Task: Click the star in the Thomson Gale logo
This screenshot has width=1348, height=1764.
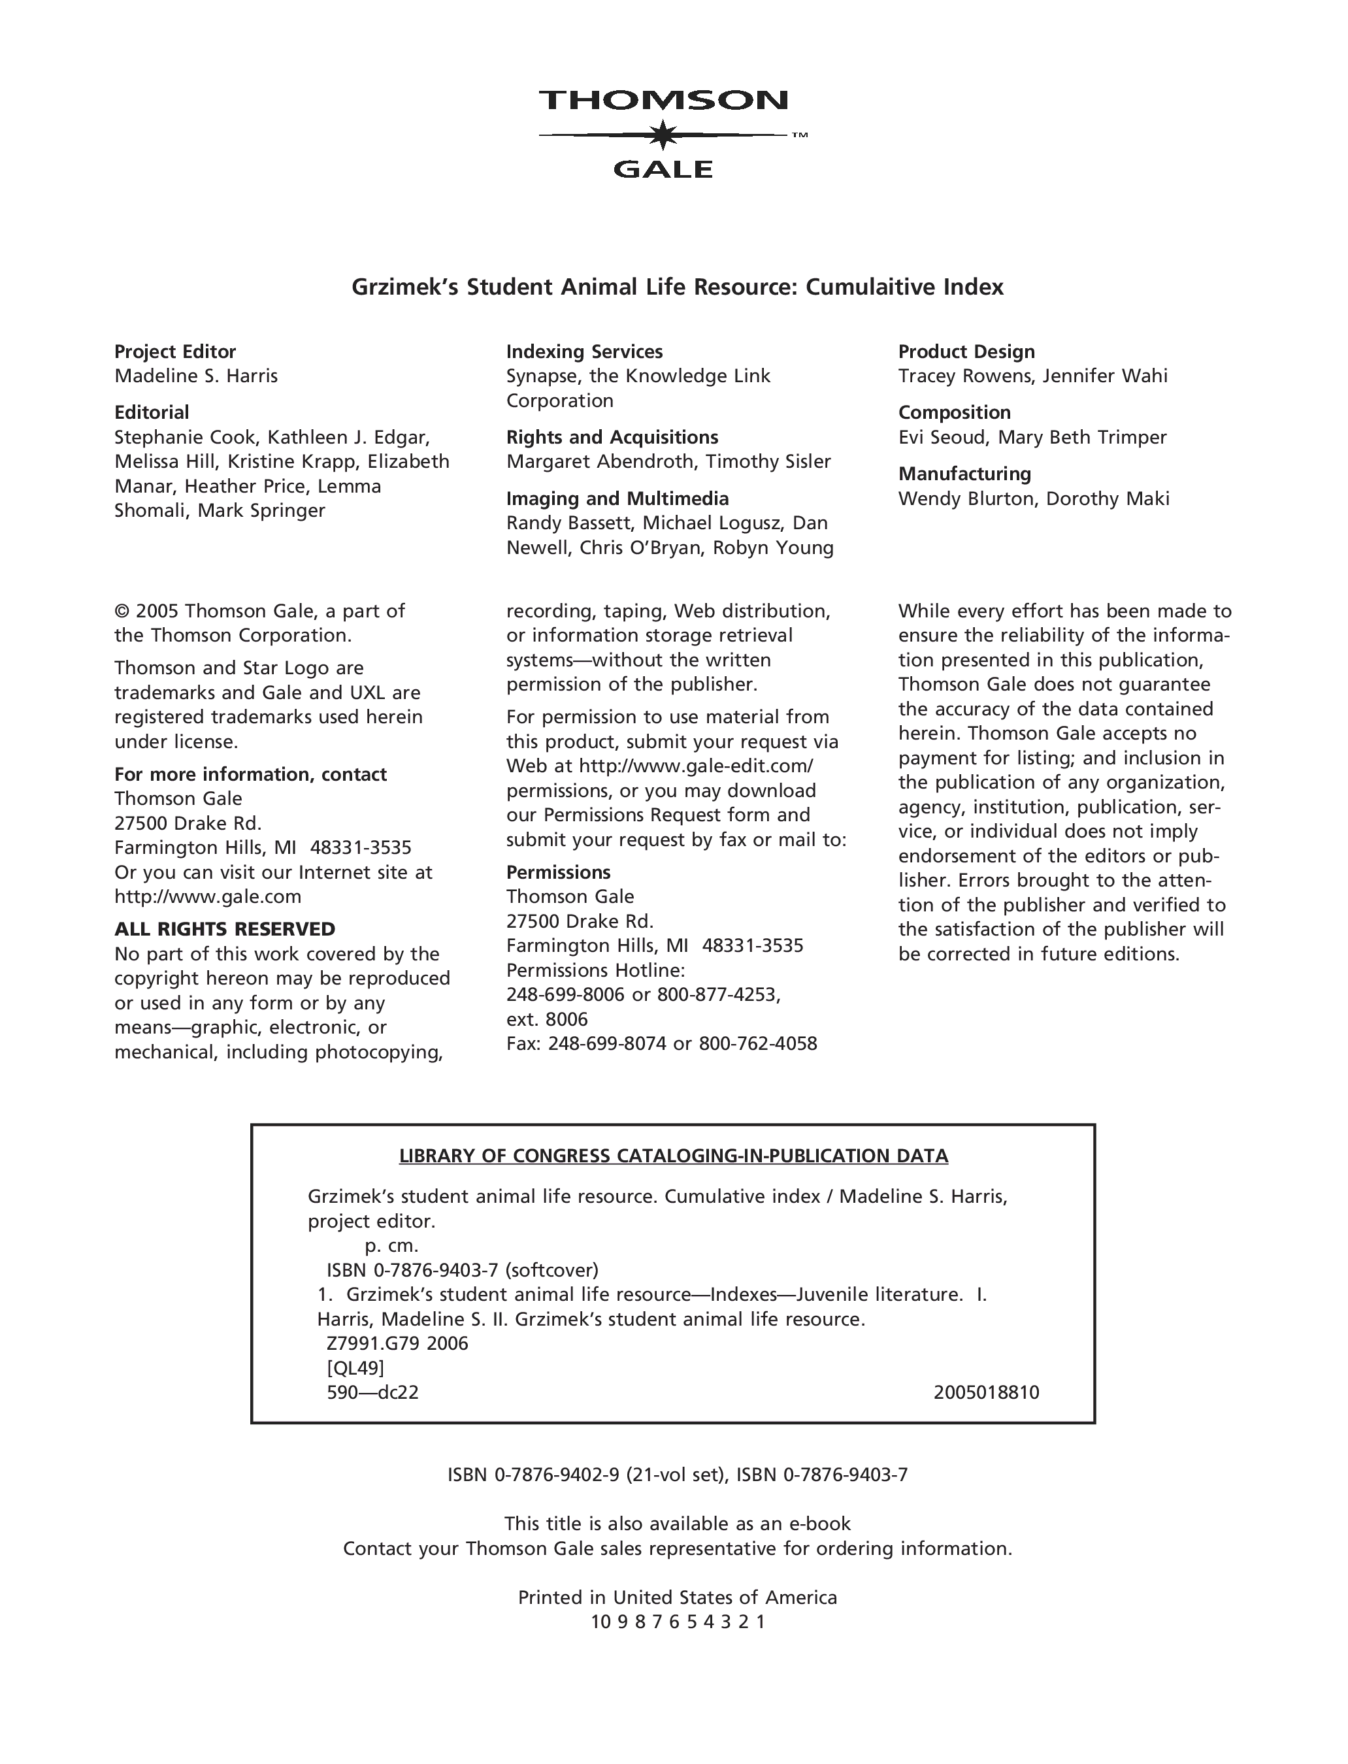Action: click(x=663, y=135)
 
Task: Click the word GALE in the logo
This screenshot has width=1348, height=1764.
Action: click(x=663, y=169)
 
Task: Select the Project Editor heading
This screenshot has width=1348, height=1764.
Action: click(x=175, y=351)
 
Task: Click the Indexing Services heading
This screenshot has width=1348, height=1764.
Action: click(x=584, y=351)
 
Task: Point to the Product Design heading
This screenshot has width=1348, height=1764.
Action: click(x=966, y=351)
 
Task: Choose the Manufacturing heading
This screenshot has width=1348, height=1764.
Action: click(x=964, y=473)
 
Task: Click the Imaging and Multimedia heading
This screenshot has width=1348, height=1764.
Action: click(x=617, y=498)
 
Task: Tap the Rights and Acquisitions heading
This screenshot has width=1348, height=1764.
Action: click(x=612, y=437)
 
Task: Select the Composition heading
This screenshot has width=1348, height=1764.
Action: click(x=954, y=412)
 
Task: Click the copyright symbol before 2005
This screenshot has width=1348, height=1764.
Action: click(x=122, y=612)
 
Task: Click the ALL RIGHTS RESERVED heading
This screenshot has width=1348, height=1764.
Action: click(x=225, y=929)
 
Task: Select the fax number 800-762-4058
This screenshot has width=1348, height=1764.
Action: click(x=757, y=1043)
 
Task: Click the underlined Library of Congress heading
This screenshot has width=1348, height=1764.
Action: click(x=673, y=1156)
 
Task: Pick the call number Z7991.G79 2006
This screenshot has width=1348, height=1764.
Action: click(x=397, y=1343)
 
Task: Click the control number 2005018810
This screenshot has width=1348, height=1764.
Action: click(x=986, y=1392)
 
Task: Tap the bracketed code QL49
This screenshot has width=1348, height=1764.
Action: click(x=355, y=1367)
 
